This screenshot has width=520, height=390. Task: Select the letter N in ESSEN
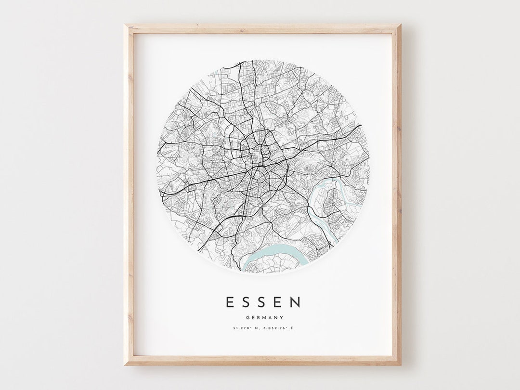point(296,302)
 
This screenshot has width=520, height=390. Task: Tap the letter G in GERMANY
point(247,317)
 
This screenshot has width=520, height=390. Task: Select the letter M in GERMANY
point(262,317)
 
